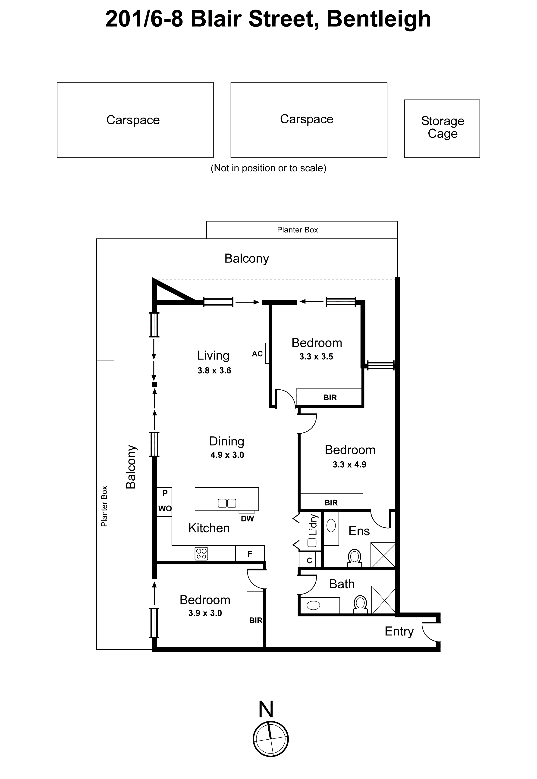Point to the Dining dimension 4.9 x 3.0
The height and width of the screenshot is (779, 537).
click(x=227, y=455)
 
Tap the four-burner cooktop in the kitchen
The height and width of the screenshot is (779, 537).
click(x=201, y=554)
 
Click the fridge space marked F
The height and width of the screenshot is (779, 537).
click(x=250, y=554)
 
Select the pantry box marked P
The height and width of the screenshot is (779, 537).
click(x=165, y=493)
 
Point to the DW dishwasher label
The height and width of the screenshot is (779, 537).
click(x=247, y=518)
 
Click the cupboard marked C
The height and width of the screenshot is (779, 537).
click(x=309, y=560)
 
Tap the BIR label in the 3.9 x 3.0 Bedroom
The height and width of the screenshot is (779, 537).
click(x=255, y=620)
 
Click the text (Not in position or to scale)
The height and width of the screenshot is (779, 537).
click(x=268, y=168)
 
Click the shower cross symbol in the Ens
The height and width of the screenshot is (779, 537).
click(x=383, y=555)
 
